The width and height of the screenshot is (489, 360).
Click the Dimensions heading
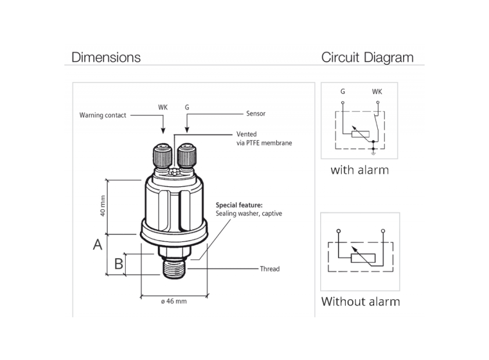(106, 57)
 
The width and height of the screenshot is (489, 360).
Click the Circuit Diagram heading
(367, 57)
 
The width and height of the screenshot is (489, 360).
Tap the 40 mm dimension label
(102, 206)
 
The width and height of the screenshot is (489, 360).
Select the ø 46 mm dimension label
(173, 301)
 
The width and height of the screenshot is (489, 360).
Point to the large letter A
(97, 245)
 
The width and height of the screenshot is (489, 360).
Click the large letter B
(118, 264)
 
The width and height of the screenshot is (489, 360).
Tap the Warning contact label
(102, 115)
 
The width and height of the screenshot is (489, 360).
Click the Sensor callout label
(256, 114)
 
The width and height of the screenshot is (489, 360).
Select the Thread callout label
(270, 269)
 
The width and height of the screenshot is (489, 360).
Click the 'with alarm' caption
(359, 170)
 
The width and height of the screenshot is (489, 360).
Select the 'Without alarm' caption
(360, 301)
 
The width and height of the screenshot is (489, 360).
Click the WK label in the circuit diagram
(377, 92)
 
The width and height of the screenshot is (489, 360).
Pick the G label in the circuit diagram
(342, 92)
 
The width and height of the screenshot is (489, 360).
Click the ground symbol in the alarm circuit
(373, 151)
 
